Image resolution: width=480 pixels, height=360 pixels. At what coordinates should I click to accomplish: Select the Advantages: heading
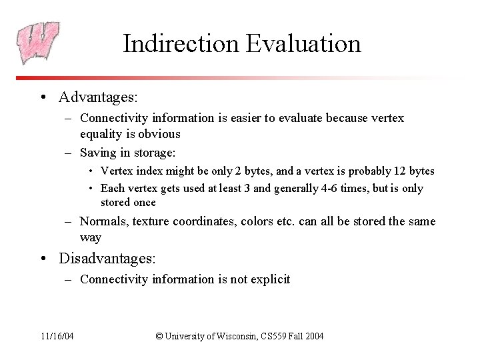click(x=98, y=97)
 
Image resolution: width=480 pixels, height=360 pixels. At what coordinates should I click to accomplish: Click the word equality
click(x=102, y=133)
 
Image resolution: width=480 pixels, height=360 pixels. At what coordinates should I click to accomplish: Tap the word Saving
click(x=98, y=152)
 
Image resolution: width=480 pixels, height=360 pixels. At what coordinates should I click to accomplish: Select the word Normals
click(x=104, y=221)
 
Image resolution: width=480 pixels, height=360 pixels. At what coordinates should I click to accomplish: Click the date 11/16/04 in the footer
click(x=57, y=336)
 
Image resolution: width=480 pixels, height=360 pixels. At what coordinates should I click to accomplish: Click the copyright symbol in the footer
click(x=159, y=336)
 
